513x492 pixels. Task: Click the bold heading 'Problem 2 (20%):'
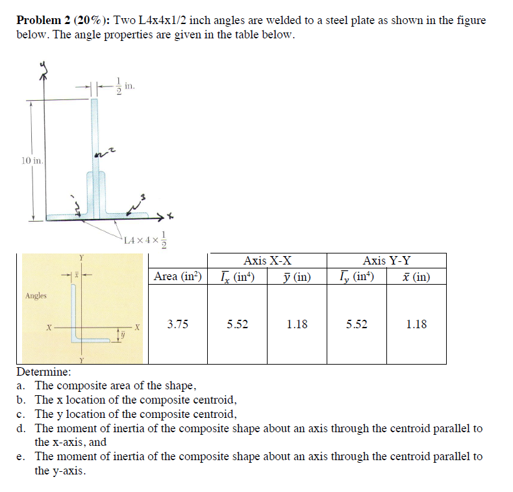(62, 20)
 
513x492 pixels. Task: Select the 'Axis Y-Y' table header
(386, 261)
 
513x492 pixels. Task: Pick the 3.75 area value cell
(178, 324)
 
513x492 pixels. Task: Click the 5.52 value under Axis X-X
(237, 324)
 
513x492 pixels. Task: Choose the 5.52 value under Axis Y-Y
(357, 324)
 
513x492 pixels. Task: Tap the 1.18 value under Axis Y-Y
(416, 324)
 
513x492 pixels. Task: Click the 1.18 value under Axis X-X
(297, 324)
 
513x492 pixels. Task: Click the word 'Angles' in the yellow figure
(36, 296)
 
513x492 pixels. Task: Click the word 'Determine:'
(44, 372)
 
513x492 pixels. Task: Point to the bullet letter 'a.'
(21, 385)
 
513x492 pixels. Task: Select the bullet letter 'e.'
(21, 456)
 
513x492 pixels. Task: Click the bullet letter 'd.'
(21, 428)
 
